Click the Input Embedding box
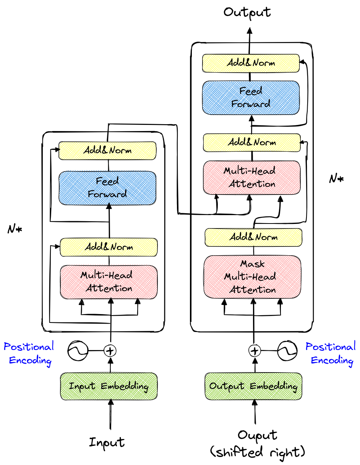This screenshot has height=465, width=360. point(109,386)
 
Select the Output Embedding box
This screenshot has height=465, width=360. point(253,386)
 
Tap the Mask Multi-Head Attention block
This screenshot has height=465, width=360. point(252,277)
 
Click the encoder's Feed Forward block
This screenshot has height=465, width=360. point(107,188)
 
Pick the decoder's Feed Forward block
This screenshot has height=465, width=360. point(251,97)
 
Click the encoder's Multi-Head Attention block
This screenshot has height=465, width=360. point(109,282)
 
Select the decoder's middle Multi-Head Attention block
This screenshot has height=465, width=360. point(252,177)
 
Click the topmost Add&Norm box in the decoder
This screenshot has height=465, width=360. point(251,63)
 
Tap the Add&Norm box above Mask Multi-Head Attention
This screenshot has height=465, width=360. point(253,237)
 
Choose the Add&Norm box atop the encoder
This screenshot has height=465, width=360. point(107,150)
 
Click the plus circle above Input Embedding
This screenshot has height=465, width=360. point(110,350)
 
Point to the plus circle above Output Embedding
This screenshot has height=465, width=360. point(255,350)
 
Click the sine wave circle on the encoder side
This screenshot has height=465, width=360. point(78,350)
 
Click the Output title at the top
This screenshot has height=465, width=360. point(247,12)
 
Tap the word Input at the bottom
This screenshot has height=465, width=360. point(107,442)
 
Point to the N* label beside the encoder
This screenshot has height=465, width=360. point(15,229)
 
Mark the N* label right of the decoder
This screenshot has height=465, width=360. point(336,178)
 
